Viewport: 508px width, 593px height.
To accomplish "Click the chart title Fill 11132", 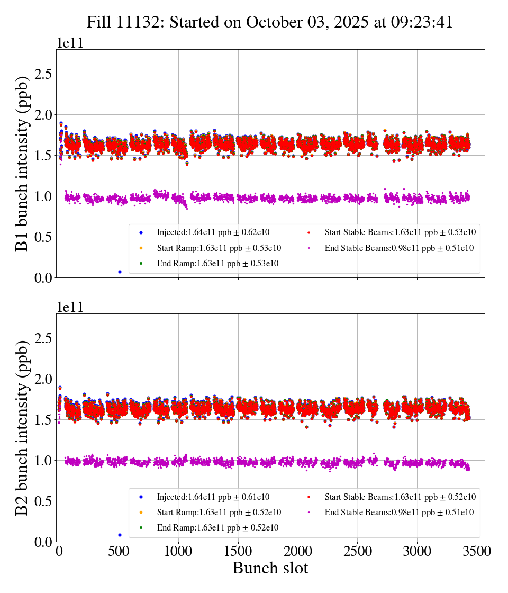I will [x=270, y=22].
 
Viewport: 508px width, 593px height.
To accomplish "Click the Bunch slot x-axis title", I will [x=270, y=569].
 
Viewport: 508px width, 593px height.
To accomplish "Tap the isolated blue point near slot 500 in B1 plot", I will [x=120, y=272].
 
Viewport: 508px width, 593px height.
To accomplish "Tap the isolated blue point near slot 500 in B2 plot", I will [x=120, y=535].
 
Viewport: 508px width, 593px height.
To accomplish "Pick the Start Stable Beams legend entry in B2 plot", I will [x=392, y=497].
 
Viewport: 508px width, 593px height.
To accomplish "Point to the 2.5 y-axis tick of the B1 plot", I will [x=46, y=74].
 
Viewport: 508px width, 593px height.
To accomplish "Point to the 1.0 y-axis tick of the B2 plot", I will [x=46, y=461].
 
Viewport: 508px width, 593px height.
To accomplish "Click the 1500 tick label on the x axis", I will [x=238, y=552].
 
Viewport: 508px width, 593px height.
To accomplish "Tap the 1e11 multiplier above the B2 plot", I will [x=70, y=307].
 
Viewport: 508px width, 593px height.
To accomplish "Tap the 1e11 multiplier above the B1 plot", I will [x=70, y=43].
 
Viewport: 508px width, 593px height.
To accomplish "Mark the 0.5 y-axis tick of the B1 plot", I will [x=46, y=237].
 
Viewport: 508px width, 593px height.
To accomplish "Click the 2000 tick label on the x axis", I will [x=298, y=552].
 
